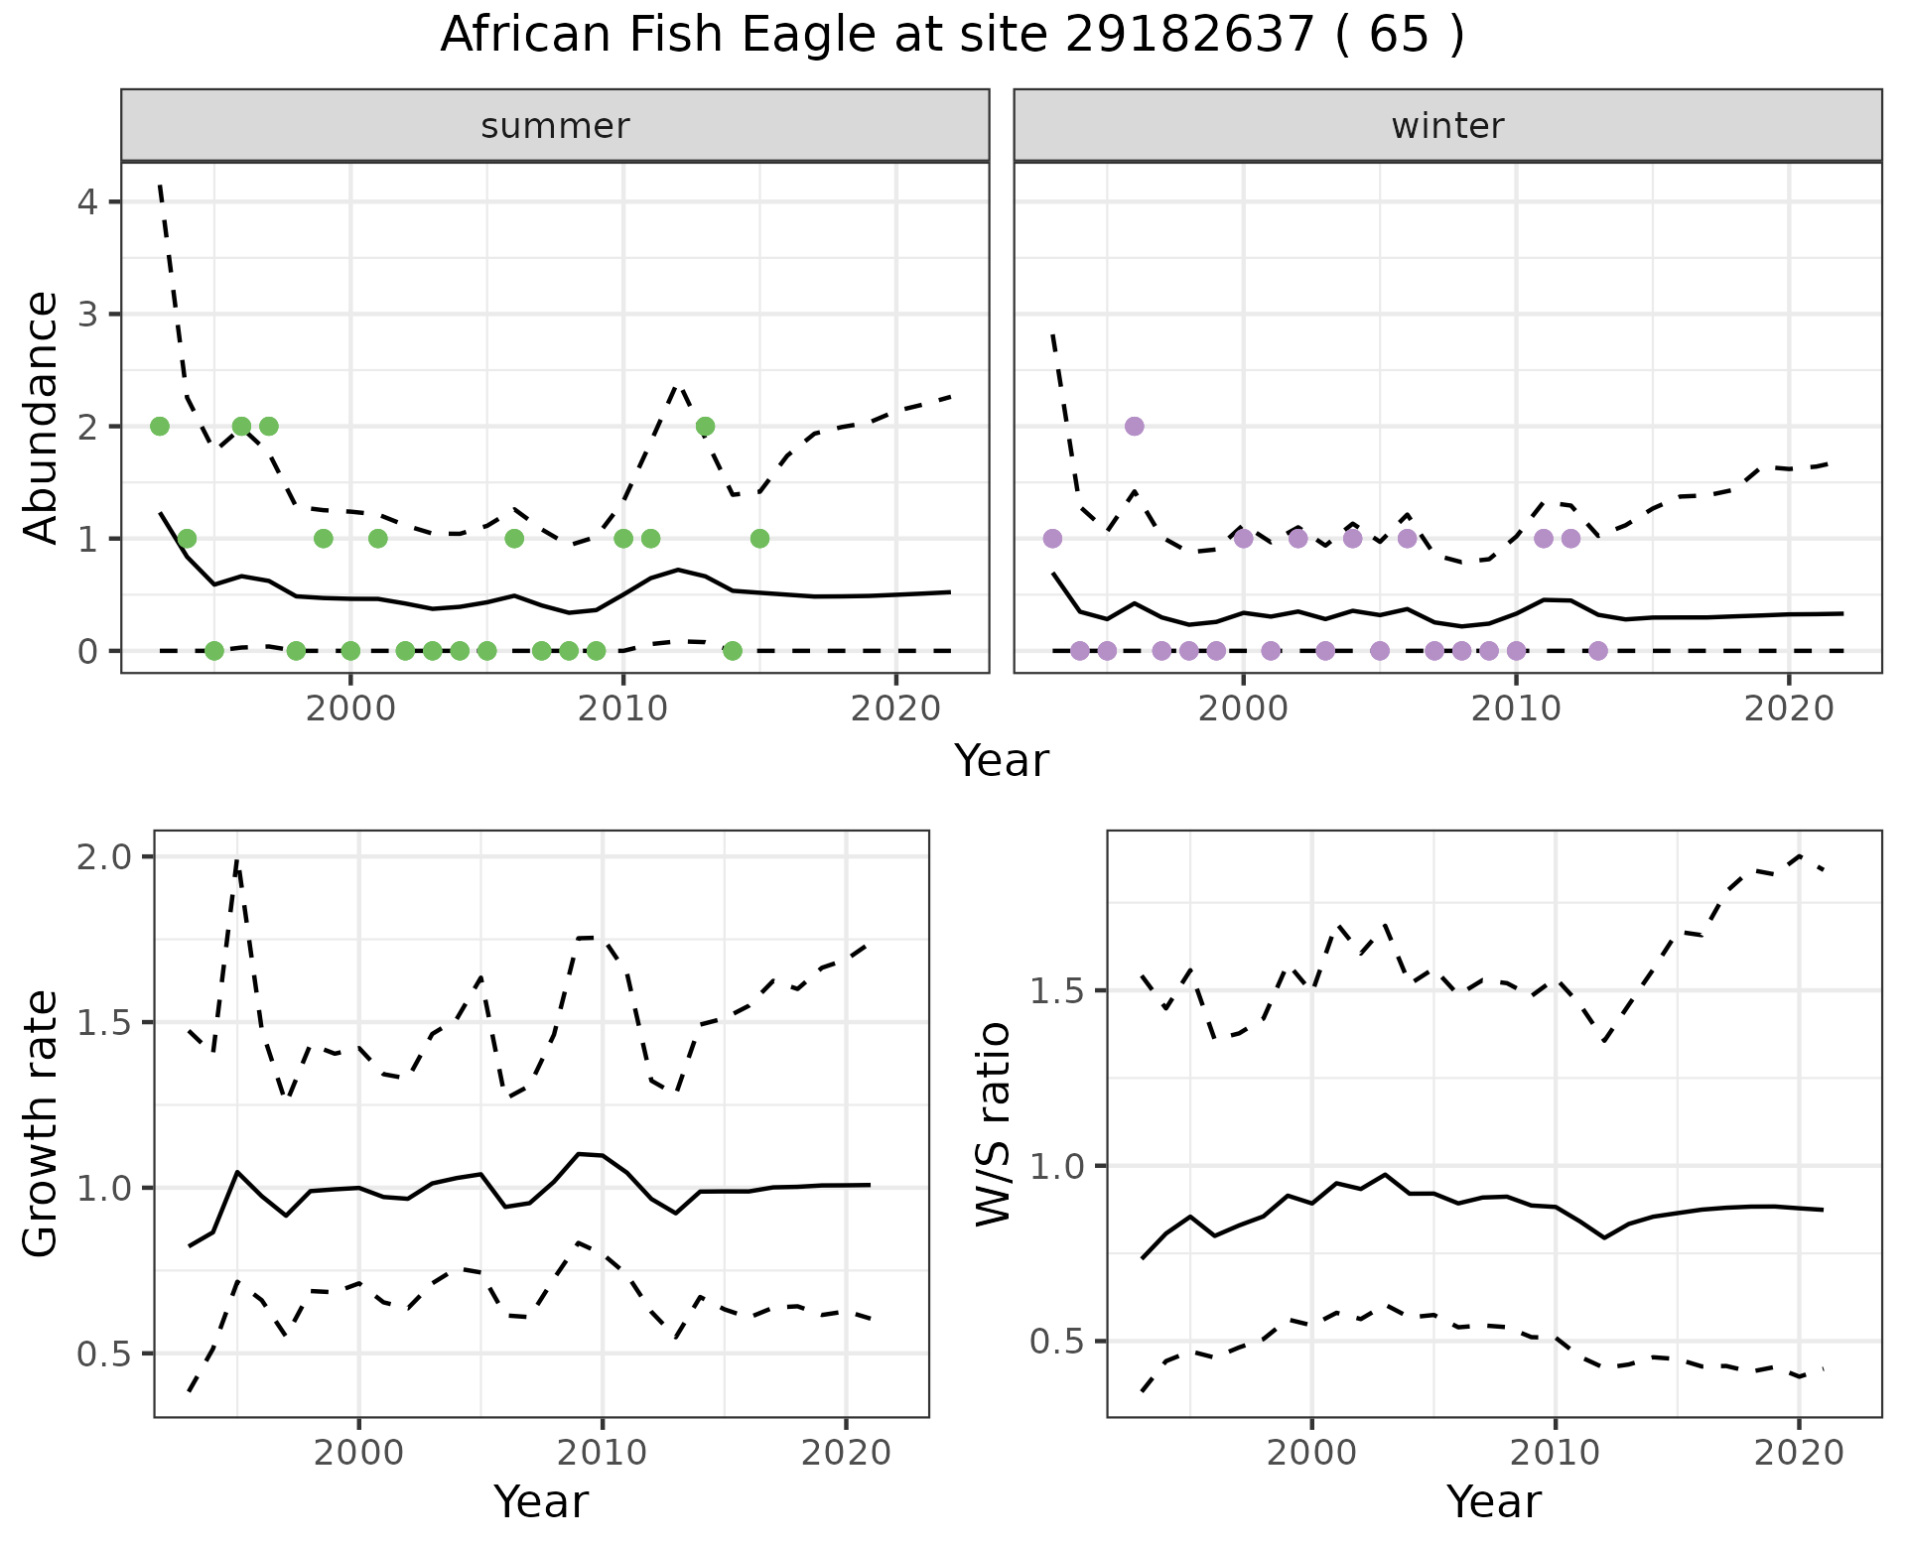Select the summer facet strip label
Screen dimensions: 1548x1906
click(x=555, y=126)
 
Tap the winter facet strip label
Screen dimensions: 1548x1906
click(x=1447, y=126)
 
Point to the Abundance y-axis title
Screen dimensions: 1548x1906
click(x=41, y=417)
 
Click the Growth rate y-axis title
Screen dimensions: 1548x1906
click(x=41, y=1123)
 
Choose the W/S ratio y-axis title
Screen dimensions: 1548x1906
click(x=993, y=1123)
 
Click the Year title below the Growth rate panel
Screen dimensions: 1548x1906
click(x=541, y=1501)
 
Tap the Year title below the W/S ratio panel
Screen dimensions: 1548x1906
click(x=1494, y=1501)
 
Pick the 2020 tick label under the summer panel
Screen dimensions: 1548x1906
click(x=895, y=709)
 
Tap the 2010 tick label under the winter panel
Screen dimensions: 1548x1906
click(x=1516, y=709)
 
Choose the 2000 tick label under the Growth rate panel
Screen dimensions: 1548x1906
click(x=358, y=1453)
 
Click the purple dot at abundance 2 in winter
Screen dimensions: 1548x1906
click(x=1135, y=426)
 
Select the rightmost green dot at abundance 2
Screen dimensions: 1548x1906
click(x=705, y=426)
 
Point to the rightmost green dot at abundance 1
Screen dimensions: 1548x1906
click(x=759, y=538)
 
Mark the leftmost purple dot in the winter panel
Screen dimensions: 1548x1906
click(x=1052, y=538)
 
